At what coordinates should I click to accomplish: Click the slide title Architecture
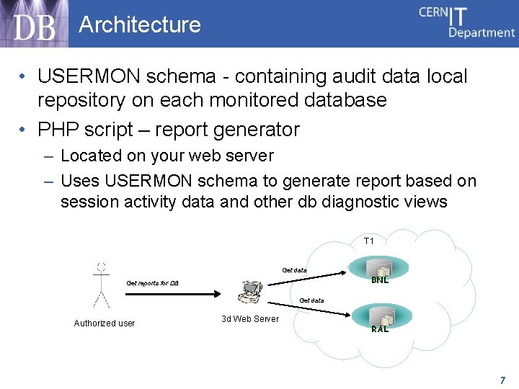click(x=140, y=24)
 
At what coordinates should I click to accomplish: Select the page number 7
click(x=502, y=380)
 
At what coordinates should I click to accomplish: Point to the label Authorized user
click(x=105, y=323)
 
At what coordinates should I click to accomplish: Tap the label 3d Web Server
click(x=250, y=319)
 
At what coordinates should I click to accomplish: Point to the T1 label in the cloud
click(x=368, y=241)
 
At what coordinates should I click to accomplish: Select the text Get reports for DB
click(x=152, y=283)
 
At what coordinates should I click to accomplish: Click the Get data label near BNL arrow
click(x=294, y=270)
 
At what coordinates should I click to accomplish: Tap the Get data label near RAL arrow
click(x=311, y=300)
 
